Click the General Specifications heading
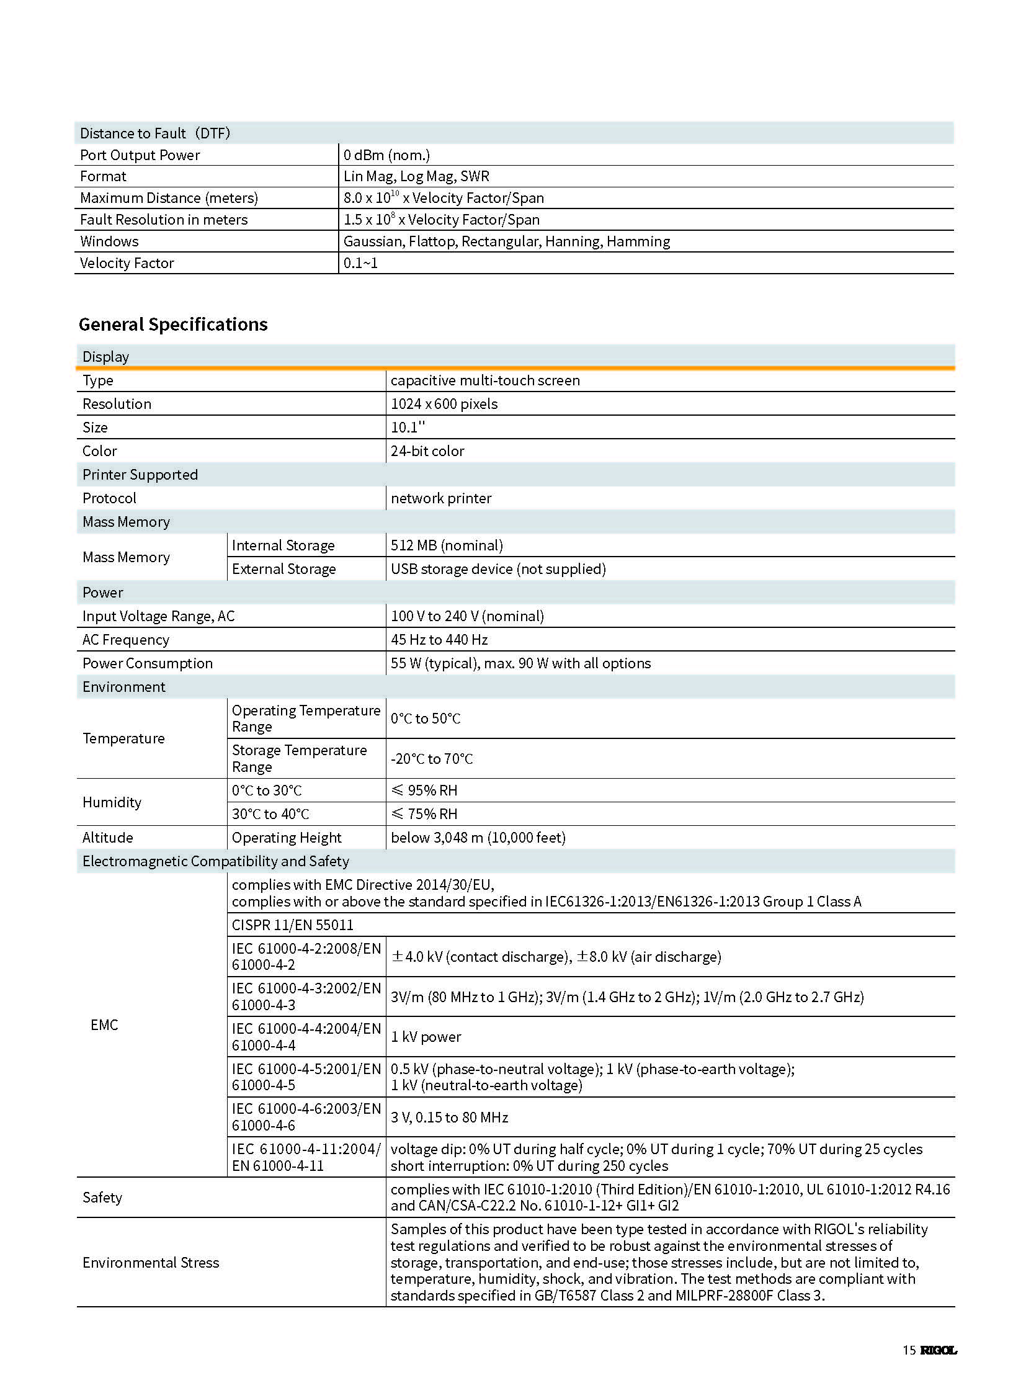[172, 325]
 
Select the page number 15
[909, 1350]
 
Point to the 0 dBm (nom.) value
[386, 155]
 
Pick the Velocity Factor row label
[127, 263]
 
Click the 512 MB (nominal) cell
[447, 545]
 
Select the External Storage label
[284, 568]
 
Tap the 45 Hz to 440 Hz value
[439, 639]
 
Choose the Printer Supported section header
[140, 474]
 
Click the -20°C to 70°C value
[432, 759]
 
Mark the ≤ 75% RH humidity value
[424, 814]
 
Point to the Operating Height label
[287, 838]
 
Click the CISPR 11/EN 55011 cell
[293, 925]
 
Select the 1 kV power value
[426, 1036]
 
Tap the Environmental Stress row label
[151, 1262]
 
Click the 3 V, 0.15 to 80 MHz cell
[449, 1117]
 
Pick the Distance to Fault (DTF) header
[154, 133]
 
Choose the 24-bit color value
[427, 450]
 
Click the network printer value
[441, 498]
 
